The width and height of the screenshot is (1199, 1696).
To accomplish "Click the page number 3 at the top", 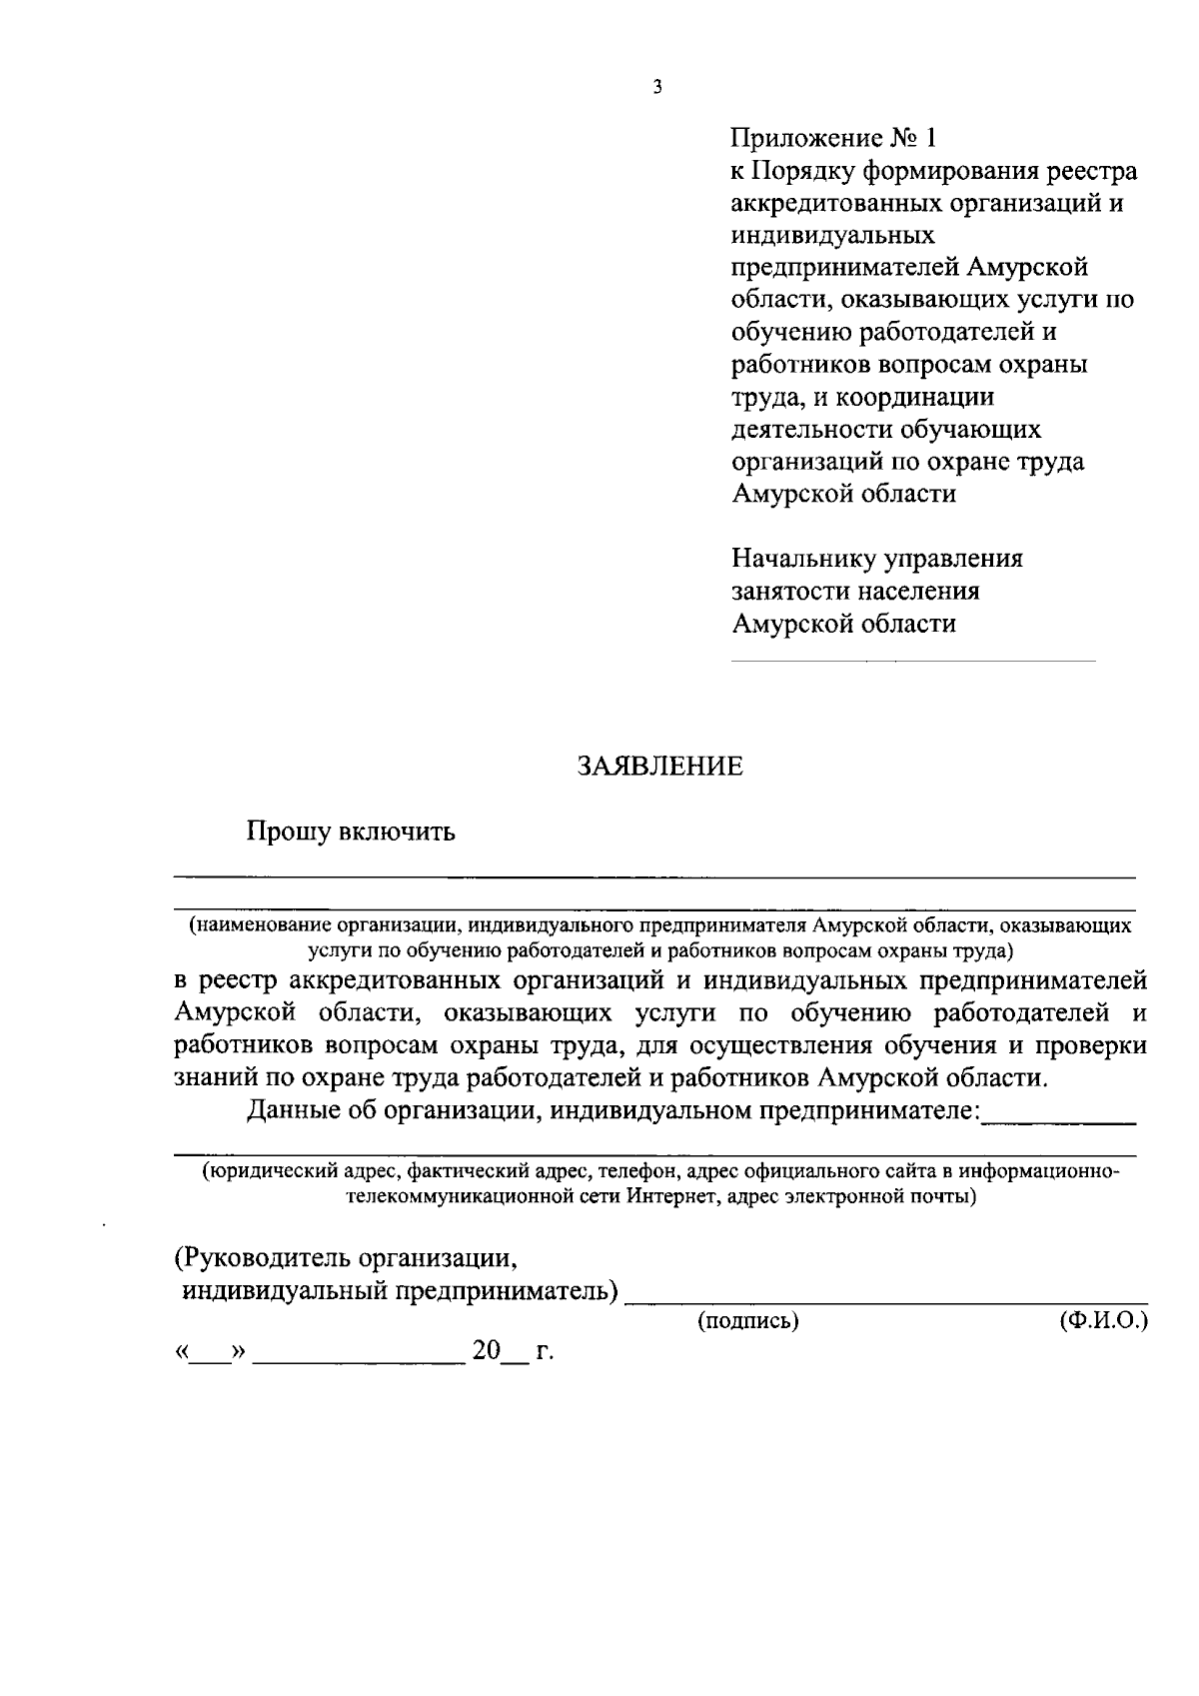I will click(656, 87).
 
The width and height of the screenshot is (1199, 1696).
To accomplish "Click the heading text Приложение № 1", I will click(835, 138).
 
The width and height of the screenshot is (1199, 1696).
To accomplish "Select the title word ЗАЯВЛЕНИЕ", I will click(661, 767).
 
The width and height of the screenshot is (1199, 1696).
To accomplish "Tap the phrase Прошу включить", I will click(352, 832).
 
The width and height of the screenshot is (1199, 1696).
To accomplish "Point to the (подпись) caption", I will click(748, 1321).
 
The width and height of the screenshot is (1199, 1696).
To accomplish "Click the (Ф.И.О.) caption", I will click(1103, 1321).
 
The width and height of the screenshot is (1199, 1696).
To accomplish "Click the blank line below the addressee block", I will click(913, 661).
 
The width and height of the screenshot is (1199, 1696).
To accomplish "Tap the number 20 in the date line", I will click(487, 1351).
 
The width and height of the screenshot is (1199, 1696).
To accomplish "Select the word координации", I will click(914, 397).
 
